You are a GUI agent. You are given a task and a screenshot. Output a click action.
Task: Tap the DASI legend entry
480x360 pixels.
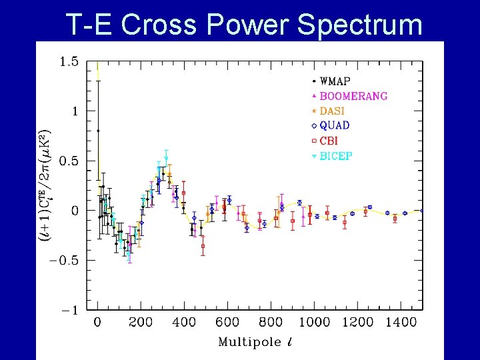[332, 111]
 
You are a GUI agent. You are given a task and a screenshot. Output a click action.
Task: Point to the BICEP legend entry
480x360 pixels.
[336, 156]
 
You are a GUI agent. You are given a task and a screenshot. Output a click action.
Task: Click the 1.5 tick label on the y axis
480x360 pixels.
[69, 62]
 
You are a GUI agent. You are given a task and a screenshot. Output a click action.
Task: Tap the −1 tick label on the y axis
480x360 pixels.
[70, 310]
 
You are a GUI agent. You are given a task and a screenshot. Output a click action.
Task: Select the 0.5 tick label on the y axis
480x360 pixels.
[69, 161]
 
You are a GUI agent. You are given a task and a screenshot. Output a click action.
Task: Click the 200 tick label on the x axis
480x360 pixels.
[141, 323]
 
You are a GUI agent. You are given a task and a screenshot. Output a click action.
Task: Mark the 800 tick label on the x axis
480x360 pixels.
[271, 323]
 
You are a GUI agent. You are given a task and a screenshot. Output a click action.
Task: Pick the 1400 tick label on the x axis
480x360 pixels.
[401, 323]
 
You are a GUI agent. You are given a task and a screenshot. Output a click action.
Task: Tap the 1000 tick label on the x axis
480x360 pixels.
[314, 323]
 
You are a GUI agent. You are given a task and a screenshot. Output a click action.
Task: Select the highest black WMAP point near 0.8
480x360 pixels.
[98, 131]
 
